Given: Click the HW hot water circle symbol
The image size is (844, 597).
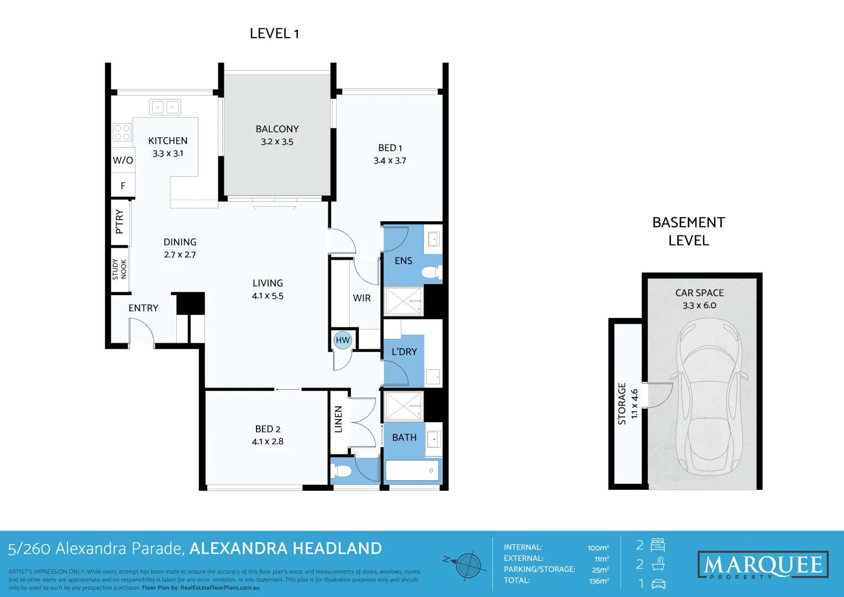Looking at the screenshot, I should click(343, 340).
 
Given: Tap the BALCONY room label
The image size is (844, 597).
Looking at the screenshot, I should click(277, 129).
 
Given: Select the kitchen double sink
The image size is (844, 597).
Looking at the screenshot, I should click(165, 107).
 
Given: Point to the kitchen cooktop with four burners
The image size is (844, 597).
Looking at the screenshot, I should click(122, 133).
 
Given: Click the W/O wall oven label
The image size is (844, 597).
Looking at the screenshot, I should click(123, 160).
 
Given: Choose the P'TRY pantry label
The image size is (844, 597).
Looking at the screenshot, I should click(119, 221).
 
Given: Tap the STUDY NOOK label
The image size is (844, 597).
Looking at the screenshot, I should click(119, 269).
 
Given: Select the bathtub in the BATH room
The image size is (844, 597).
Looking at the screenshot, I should click(412, 470).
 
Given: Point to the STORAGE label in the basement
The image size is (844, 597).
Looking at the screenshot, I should click(622, 404).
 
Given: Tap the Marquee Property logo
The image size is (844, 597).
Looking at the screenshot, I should click(763, 565).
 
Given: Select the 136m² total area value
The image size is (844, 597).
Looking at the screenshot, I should click(599, 581).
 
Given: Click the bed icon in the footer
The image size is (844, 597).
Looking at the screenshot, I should click(658, 546).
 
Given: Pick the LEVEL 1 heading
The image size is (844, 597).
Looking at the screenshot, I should click(274, 34).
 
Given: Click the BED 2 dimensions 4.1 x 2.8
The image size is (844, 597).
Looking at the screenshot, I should click(268, 442).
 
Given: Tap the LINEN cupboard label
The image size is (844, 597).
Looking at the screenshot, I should click(339, 419).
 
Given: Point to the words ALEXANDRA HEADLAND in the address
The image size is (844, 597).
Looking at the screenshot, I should click(285, 548).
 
